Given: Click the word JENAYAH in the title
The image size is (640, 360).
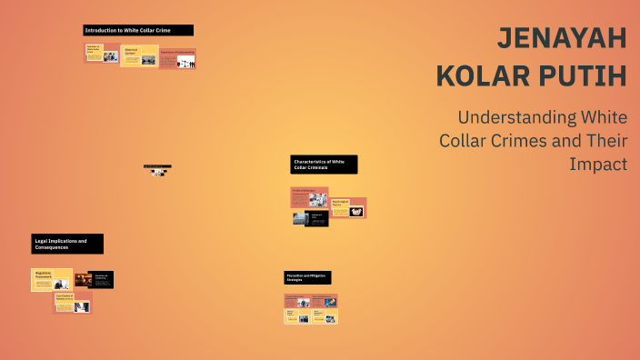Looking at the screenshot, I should coord(562,39).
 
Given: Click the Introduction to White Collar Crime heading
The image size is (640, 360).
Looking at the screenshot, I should coord(137,30).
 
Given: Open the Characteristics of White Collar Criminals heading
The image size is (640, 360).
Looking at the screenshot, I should coord(324,165).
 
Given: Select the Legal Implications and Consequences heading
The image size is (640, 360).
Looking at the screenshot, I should coord(67,244).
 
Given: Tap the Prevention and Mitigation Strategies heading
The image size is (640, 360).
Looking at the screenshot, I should coord(307,277).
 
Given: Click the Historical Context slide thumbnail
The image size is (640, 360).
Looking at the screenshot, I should coord(139,55).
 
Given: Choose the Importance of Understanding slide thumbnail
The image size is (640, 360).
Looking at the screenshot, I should coord(177,59).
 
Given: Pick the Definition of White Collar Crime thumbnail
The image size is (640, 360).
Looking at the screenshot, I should coord(102,53).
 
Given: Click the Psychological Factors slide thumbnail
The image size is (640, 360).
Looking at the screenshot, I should coord(348,207).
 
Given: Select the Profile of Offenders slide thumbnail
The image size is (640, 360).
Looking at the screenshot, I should coord(309,196).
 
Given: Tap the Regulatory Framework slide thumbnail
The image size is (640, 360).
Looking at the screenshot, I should coord(52,279).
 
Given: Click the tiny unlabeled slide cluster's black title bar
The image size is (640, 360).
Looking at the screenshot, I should coord(157,166).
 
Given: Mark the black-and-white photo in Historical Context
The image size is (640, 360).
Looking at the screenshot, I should coord(147,60).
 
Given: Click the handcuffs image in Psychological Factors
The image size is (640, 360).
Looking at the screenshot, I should coord(356,211).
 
